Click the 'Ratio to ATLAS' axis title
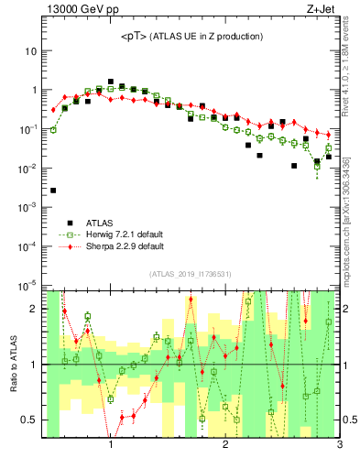14,366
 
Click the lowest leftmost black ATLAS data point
53,191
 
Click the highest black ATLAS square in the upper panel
111,82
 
